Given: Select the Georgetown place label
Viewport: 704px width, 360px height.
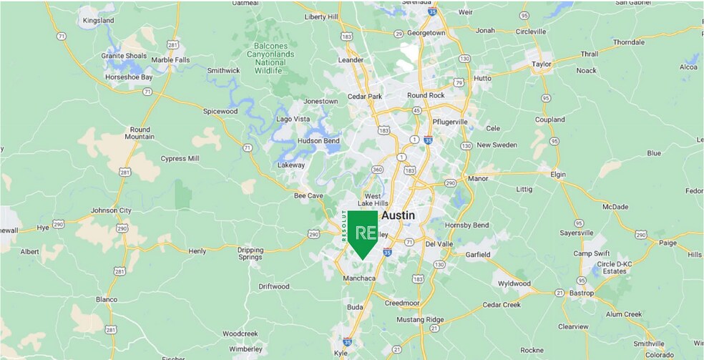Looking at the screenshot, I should [428, 33].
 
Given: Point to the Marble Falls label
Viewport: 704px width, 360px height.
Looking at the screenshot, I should [172, 59].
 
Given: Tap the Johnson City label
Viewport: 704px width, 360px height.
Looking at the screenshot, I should [111, 210].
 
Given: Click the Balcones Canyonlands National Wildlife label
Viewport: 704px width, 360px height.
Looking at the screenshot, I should [270, 59].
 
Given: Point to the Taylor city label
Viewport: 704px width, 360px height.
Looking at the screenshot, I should [542, 64].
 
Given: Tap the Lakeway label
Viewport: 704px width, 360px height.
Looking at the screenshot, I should [290, 165].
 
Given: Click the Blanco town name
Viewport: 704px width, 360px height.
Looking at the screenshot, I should [106, 299].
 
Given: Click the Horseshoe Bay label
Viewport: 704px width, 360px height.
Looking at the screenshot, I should [129, 77].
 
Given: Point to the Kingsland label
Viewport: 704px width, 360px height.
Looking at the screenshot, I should [98, 21].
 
